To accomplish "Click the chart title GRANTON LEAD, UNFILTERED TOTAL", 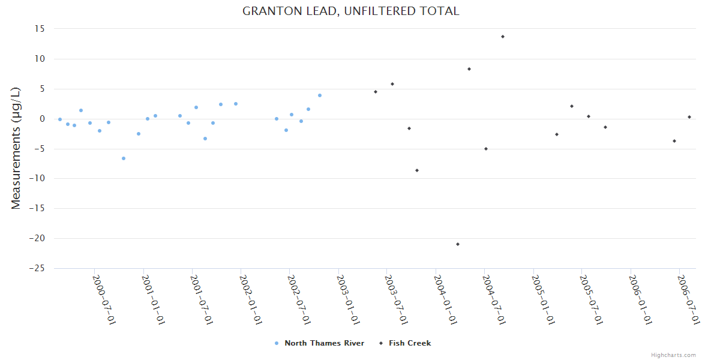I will tap(351, 11).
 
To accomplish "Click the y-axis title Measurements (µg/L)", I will tap(16, 148).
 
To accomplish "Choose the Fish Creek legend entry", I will tap(409, 343).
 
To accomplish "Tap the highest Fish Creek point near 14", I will tap(503, 37).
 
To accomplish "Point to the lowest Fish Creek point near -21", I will tap(458, 244).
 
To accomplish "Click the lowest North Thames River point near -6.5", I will tap(124, 158).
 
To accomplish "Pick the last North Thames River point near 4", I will tap(320, 95).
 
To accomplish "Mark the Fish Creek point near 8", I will tap(469, 69).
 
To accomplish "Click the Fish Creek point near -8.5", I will tap(417, 170).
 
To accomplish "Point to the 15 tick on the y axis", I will tap(40, 29).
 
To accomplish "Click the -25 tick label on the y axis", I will tap(37, 268).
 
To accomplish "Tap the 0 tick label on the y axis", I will tap(43, 119).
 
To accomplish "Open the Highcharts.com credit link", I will tap(674, 355).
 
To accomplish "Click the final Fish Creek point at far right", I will tap(689, 117).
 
